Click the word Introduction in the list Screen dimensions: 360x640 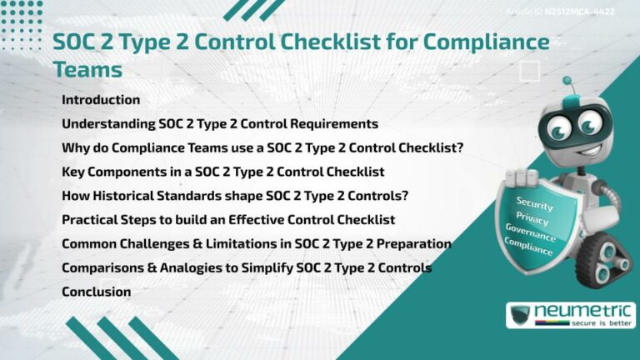(101, 100)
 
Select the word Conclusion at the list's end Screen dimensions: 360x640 (96, 292)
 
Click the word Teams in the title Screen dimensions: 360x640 (87, 68)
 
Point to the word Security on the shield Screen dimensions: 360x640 (534, 202)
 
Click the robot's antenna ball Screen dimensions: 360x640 (567, 82)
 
